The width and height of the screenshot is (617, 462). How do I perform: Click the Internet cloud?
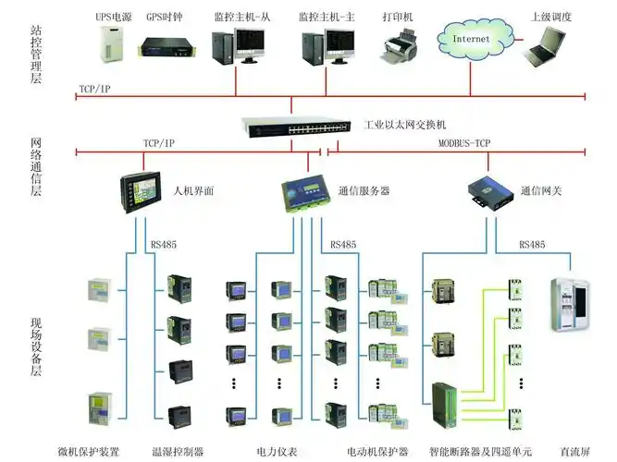[472, 41]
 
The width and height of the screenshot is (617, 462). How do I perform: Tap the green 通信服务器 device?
[305, 191]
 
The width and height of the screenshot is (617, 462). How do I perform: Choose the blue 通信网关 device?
[485, 191]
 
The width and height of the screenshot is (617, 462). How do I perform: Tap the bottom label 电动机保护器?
[376, 452]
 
